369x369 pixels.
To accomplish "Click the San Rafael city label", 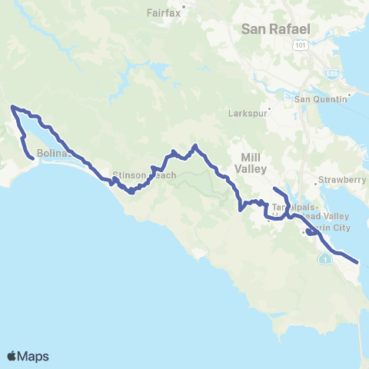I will (276, 29).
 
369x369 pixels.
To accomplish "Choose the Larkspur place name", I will (246, 113).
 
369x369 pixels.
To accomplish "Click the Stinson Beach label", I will (145, 175).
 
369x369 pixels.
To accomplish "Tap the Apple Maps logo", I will (28, 356).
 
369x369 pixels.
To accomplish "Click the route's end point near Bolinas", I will (32, 159).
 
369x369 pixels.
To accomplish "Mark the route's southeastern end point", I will (358, 261).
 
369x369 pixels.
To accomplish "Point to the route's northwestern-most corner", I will (12, 108).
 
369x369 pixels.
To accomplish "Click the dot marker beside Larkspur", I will (270, 108).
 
